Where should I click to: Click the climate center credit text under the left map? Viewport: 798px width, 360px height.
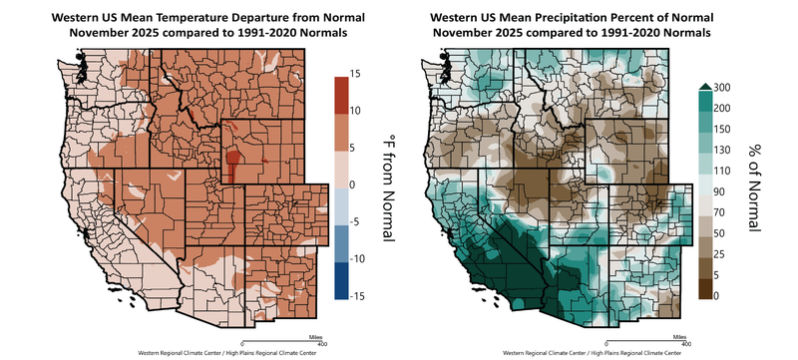click(200, 353)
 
